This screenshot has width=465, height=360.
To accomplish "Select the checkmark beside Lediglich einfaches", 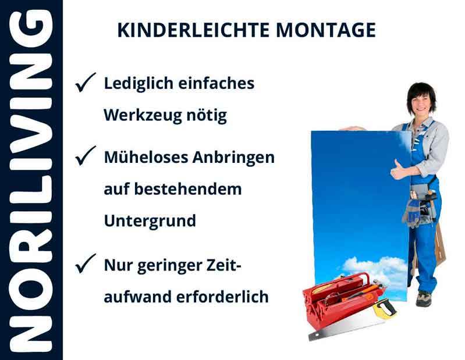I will point(86,84).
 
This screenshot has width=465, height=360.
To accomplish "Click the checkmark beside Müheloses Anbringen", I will point(86,156).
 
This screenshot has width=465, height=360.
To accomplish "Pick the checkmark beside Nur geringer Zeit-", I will point(86,265).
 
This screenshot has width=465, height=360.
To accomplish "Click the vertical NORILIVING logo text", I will point(31,180).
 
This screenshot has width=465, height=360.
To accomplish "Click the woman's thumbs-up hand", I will point(400,170).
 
